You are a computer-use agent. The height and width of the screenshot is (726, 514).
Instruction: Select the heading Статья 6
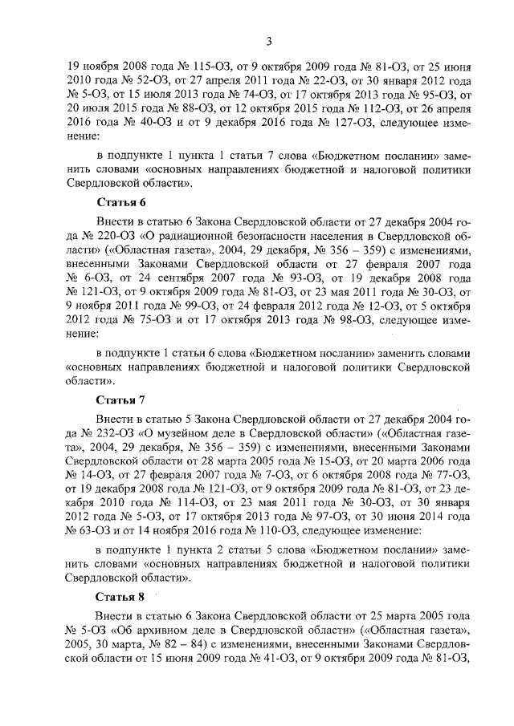coord(120,202)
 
